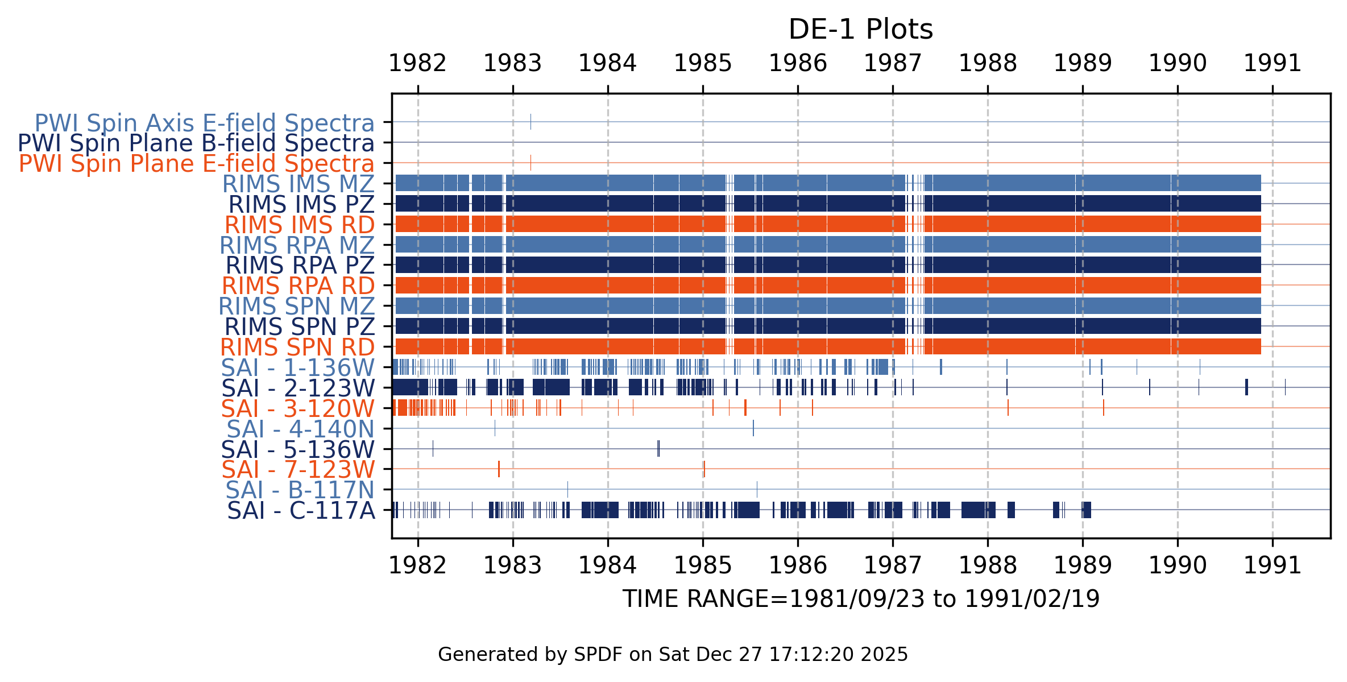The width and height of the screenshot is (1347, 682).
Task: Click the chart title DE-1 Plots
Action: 860,30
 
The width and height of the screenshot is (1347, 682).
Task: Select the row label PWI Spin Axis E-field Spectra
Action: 205,123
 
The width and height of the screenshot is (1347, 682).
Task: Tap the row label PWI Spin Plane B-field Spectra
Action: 196,143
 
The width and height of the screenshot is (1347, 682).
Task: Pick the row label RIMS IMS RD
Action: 300,225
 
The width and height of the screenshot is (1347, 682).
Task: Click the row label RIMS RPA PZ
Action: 300,266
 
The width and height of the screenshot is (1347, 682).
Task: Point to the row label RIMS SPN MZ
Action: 297,307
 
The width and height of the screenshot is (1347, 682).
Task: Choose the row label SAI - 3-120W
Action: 298,408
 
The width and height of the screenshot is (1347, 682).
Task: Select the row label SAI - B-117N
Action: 300,490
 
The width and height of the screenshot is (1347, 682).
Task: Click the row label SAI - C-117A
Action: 301,511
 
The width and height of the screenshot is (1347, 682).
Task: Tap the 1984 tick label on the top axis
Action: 607,63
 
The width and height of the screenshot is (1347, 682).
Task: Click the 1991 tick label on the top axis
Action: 1273,63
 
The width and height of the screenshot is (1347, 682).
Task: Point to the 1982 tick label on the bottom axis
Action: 417,565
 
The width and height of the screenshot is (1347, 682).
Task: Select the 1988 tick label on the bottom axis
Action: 988,565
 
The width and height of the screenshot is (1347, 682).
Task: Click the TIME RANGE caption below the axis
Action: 861,599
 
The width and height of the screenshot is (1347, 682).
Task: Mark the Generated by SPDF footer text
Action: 673,655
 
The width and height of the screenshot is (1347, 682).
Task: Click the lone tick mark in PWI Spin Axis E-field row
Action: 530,122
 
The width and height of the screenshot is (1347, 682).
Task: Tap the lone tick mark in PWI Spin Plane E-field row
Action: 530,163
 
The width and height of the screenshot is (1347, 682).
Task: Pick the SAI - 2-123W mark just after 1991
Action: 1285,387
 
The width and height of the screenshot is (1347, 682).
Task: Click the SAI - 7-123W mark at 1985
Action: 704,469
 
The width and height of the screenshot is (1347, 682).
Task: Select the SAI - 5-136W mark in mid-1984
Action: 658,448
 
